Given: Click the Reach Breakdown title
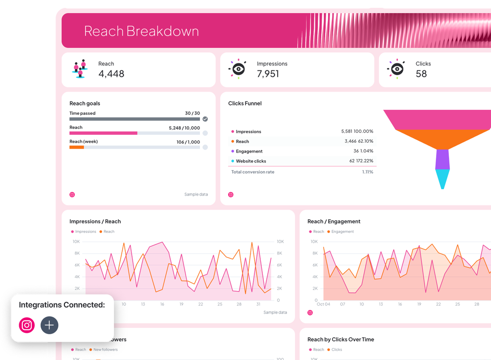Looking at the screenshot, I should pyautogui.click(x=141, y=31).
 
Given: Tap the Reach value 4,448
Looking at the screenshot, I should pyautogui.click(x=111, y=74).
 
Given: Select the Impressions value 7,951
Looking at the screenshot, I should pyautogui.click(x=268, y=74).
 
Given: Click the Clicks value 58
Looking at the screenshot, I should pyautogui.click(x=421, y=74).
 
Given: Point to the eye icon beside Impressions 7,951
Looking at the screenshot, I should pyautogui.click(x=238, y=69).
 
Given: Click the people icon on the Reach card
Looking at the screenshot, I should pyautogui.click(x=80, y=69).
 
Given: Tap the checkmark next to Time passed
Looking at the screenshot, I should pyautogui.click(x=205, y=119).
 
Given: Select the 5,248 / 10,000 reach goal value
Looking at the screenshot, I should pyautogui.click(x=184, y=128).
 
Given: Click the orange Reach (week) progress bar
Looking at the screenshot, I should pyautogui.click(x=77, y=147).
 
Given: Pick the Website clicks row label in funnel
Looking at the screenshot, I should pyautogui.click(x=251, y=161).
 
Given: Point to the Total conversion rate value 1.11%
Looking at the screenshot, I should pyautogui.click(x=367, y=172).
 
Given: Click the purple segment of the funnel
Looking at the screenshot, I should pyautogui.click(x=442, y=159).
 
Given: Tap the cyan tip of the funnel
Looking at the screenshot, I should pyautogui.click(x=442, y=179).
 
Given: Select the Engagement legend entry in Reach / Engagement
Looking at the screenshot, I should pyautogui.click(x=343, y=232).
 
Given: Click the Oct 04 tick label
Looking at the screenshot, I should pyautogui.click(x=323, y=304).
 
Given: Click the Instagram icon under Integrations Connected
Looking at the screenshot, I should pyautogui.click(x=27, y=325).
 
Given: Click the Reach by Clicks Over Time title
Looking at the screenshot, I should pyautogui.click(x=341, y=340).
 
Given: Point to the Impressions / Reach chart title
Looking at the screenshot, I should pyautogui.click(x=95, y=221).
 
